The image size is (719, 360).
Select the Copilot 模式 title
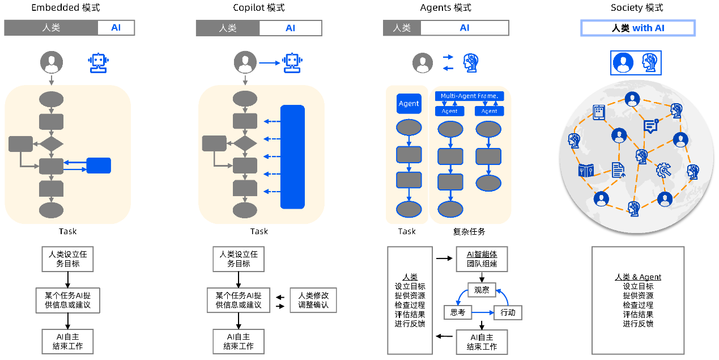click(259, 7)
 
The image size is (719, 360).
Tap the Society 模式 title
click(637, 7)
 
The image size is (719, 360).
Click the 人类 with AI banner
click(638, 28)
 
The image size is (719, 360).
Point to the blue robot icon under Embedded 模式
click(99, 62)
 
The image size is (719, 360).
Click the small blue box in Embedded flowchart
click(99, 166)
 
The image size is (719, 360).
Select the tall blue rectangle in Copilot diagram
click(292, 157)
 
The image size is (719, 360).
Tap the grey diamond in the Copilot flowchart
click(245, 143)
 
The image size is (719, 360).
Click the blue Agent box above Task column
click(409, 104)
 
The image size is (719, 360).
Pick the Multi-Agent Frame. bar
click(469, 96)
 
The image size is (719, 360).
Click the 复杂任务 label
click(469, 231)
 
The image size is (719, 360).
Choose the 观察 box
click(482, 291)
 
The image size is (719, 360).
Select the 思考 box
click(457, 312)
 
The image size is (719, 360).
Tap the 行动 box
click(508, 312)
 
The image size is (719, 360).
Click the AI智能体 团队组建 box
click(482, 259)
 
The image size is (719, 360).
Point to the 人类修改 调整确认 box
click(313, 300)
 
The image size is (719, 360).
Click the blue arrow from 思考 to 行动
click(482, 312)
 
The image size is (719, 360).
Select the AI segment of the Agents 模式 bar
click(465, 28)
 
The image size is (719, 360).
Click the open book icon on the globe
click(586, 170)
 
